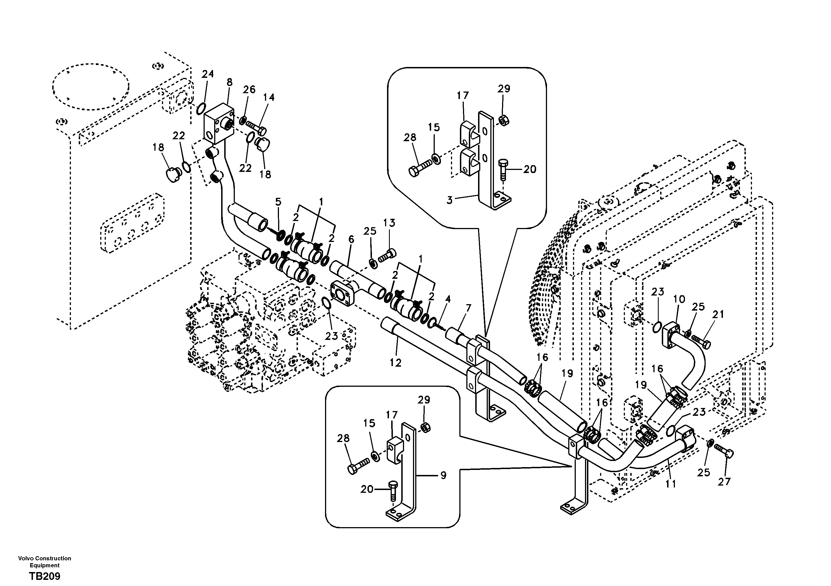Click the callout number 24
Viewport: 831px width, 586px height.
click(x=208, y=74)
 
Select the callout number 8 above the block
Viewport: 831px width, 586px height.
click(x=230, y=83)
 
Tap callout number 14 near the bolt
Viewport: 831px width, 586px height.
click(x=269, y=97)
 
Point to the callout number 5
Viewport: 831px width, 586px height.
click(x=278, y=202)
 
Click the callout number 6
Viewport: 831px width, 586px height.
click(x=351, y=239)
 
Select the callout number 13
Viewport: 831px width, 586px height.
click(x=390, y=223)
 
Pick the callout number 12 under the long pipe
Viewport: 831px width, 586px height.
click(x=396, y=362)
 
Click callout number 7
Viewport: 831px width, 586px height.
click(x=468, y=308)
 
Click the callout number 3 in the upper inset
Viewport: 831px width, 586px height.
click(x=450, y=200)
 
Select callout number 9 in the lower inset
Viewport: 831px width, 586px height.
click(x=443, y=475)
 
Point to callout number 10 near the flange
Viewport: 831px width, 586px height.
click(x=679, y=299)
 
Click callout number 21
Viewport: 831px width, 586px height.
click(x=718, y=314)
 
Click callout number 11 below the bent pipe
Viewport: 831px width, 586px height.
click(x=671, y=484)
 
